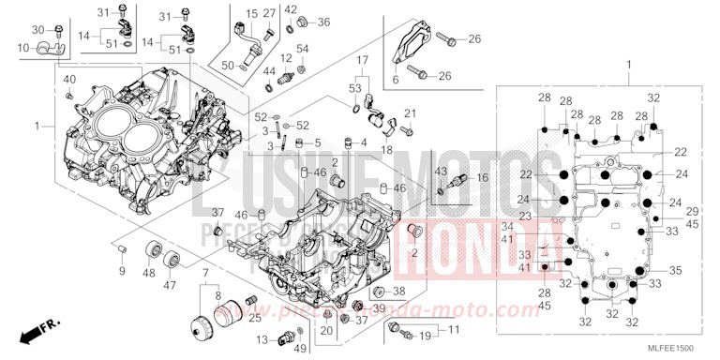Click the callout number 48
pos(148,273)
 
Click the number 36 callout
pos(323,22)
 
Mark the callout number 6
pos(395,81)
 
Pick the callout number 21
pos(410,113)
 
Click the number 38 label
pos(398,291)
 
